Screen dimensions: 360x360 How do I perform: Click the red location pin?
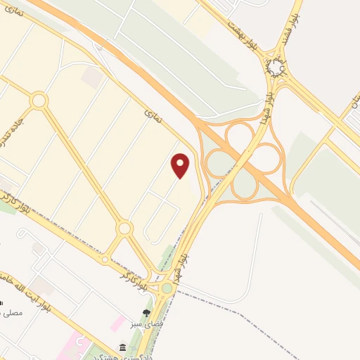click(x=181, y=165)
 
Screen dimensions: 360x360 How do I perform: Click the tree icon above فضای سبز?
click(x=146, y=313)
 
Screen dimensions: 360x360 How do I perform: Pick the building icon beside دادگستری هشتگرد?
click(x=123, y=348)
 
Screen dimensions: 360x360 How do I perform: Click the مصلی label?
click(x=13, y=311)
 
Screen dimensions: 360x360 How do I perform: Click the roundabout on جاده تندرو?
click(x=38, y=101)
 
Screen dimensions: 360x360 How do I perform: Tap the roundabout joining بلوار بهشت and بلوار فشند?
click(x=276, y=67)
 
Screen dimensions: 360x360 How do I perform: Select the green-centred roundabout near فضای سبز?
click(x=167, y=288)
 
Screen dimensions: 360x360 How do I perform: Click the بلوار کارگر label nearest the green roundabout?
click(x=141, y=278)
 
